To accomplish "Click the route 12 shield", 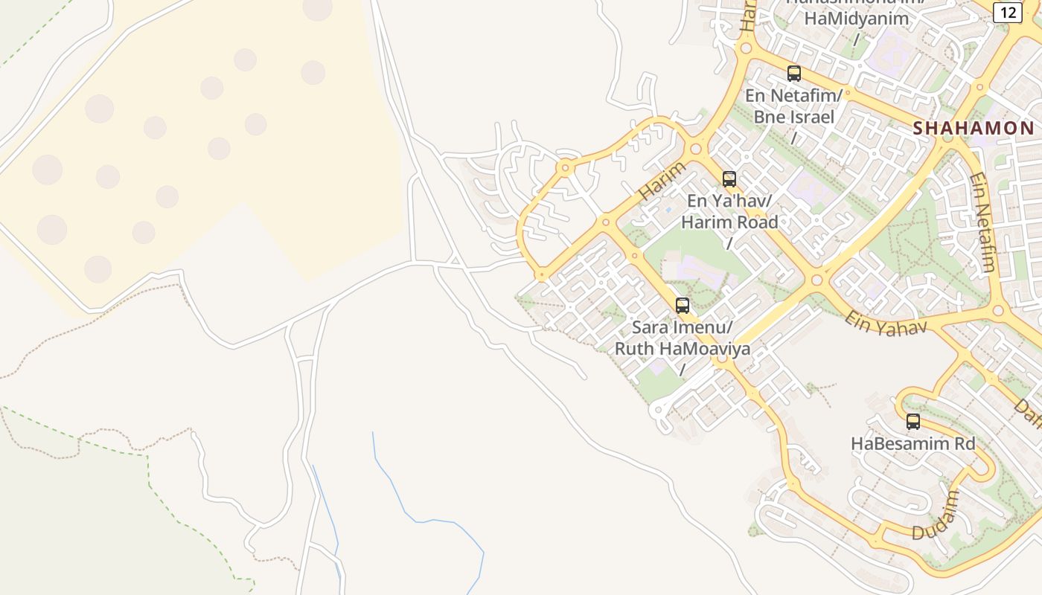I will pyautogui.click(x=1007, y=12).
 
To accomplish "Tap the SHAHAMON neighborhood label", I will pyautogui.click(x=974, y=128).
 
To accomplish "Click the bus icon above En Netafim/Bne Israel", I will pyautogui.click(x=794, y=74).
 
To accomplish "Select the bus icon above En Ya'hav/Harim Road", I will pyautogui.click(x=729, y=179).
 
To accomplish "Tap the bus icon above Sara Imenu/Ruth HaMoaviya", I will pyautogui.click(x=683, y=306).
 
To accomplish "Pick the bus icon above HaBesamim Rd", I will pyautogui.click(x=913, y=422).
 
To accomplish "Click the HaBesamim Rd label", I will pyautogui.click(x=912, y=444).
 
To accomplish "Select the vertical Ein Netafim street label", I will pyautogui.click(x=982, y=223).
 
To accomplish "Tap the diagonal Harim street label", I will pyautogui.click(x=662, y=181).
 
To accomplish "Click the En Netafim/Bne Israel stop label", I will pyautogui.click(x=794, y=106).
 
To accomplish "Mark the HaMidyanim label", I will pyautogui.click(x=856, y=19).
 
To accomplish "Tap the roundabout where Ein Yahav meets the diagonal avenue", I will pyautogui.click(x=816, y=280).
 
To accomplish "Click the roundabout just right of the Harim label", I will pyautogui.click(x=696, y=149).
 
